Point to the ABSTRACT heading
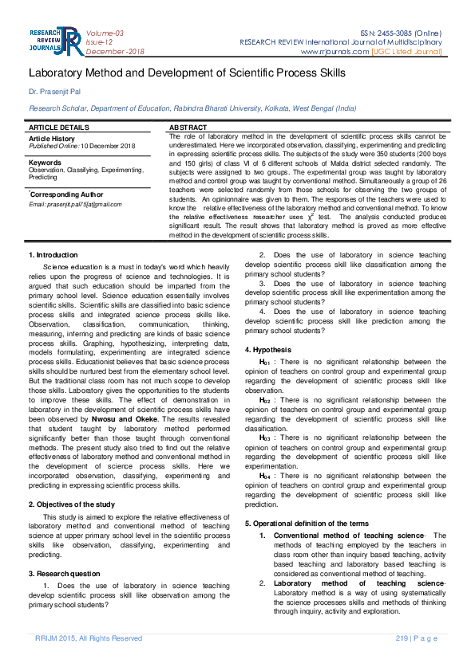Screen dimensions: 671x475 188,128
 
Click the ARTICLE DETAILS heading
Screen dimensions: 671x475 59,128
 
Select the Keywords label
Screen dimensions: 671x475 45,163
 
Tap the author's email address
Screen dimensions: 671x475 75,204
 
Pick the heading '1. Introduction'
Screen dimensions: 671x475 53,254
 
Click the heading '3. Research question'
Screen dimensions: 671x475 65,573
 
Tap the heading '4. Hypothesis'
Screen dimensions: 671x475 267,350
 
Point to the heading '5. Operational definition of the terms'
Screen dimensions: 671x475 307,523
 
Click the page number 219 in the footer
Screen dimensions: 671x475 402,638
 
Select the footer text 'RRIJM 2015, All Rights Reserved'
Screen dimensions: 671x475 89,638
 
